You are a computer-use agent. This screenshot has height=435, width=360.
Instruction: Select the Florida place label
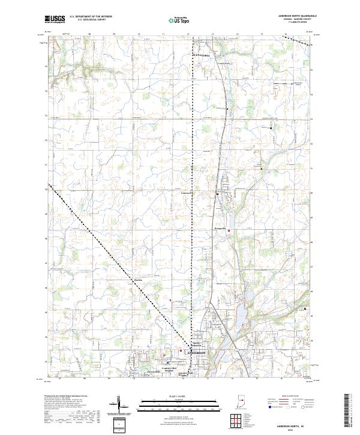pyautogui.click(x=137, y=280)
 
